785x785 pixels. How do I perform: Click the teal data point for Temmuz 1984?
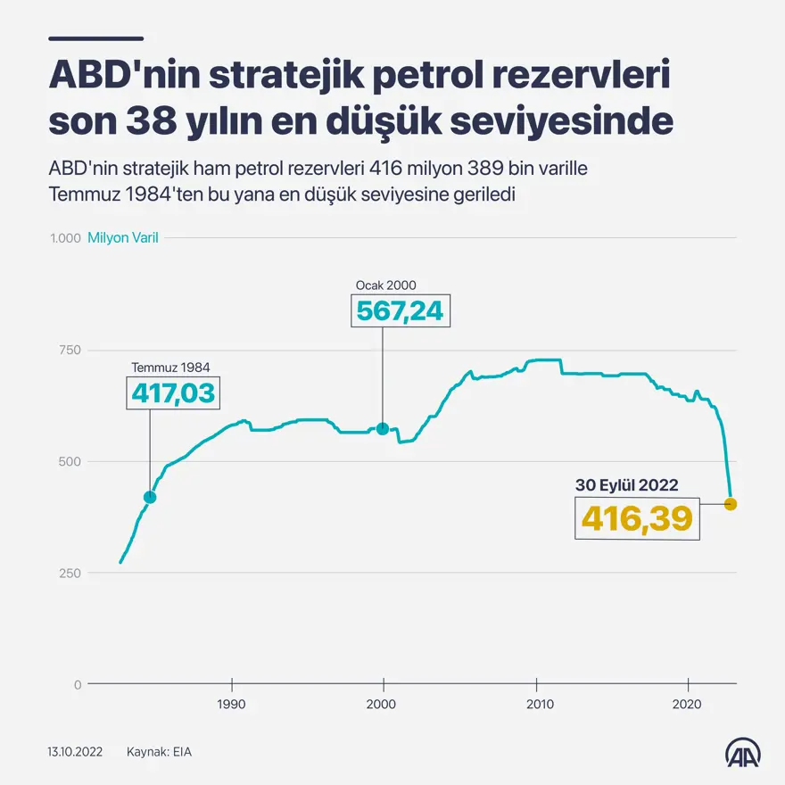click(150, 497)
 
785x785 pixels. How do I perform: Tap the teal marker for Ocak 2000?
click(383, 428)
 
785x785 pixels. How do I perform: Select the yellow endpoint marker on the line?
click(731, 504)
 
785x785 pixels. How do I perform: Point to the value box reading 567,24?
click(400, 310)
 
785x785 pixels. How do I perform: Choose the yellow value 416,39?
click(637, 517)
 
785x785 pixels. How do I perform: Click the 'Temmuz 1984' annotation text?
click(171, 367)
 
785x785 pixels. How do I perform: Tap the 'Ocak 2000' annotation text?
click(386, 285)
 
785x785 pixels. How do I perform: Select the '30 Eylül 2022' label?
click(626, 486)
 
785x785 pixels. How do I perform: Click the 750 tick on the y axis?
click(71, 350)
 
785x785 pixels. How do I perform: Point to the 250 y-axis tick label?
click(71, 573)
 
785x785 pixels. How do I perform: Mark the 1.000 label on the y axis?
click(66, 238)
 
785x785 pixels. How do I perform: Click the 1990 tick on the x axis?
click(232, 704)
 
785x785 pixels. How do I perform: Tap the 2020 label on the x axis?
click(688, 704)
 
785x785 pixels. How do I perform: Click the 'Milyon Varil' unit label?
click(123, 238)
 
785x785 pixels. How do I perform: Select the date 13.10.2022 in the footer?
click(75, 752)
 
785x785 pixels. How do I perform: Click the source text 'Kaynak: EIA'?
click(159, 752)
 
